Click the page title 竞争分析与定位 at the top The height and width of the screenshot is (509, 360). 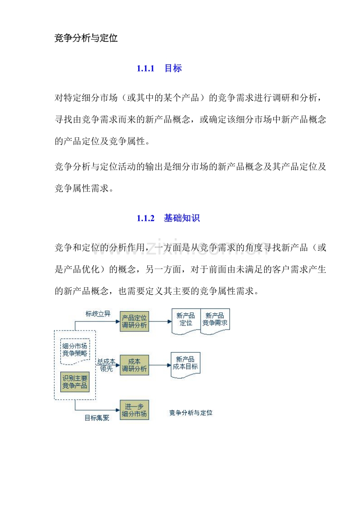point(86,39)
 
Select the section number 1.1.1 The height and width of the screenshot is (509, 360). point(145,69)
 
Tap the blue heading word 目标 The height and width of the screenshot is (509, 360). point(173,69)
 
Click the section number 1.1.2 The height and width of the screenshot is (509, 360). point(145,219)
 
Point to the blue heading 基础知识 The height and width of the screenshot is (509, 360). point(182,219)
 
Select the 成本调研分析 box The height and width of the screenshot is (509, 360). point(135,365)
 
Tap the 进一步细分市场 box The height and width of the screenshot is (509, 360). point(135,410)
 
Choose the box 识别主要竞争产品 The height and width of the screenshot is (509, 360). point(75,381)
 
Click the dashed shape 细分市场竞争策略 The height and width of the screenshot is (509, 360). point(75,350)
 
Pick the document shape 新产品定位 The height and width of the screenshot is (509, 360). point(185,320)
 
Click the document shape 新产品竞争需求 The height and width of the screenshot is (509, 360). point(215,320)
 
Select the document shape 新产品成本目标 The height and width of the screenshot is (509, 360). point(185,363)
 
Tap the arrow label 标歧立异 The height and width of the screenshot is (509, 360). point(98,314)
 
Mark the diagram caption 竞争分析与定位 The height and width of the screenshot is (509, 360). point(190,412)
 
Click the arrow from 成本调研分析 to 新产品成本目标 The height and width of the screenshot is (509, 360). point(160,365)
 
